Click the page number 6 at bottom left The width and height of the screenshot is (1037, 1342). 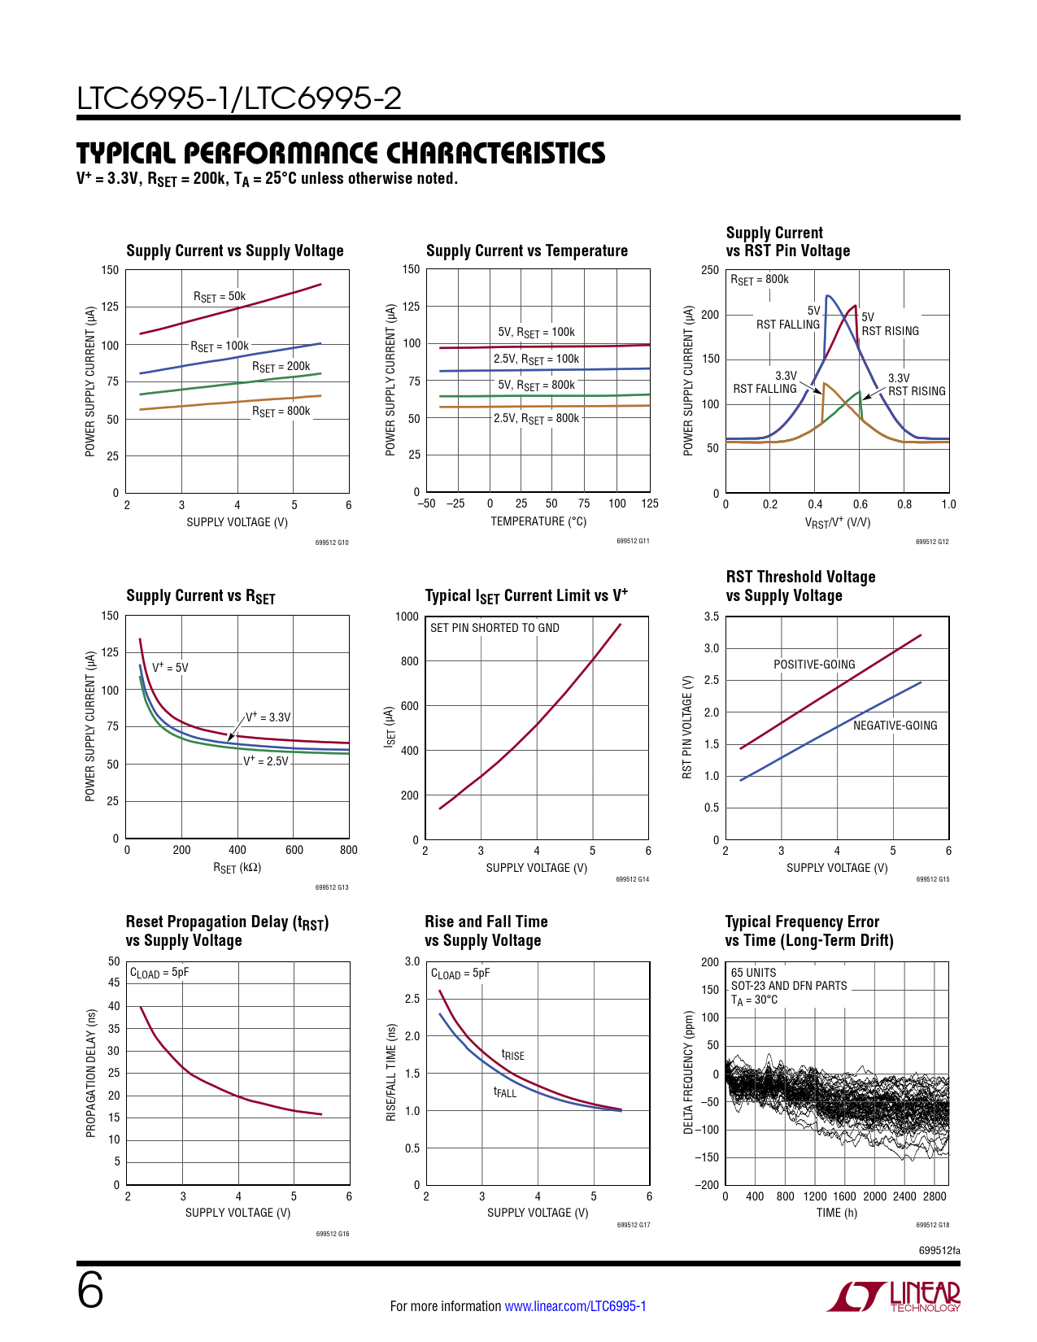[x=90, y=1291]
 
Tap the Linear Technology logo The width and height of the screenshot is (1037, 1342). [x=894, y=1296]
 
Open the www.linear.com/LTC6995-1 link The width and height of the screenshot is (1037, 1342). [x=575, y=1306]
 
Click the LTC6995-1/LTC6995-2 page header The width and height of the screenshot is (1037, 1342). [x=239, y=98]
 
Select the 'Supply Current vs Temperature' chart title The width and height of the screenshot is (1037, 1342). [x=527, y=251]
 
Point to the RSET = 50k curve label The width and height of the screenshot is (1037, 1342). [x=220, y=297]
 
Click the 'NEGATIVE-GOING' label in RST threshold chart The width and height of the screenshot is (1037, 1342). [x=895, y=725]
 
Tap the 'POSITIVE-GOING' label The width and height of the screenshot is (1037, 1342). [x=814, y=664]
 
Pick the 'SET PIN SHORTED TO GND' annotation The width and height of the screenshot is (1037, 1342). [x=495, y=628]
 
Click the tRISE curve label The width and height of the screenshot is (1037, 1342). [x=513, y=1055]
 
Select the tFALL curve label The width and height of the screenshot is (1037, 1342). [x=505, y=1092]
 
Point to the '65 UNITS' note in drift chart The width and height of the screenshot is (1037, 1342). [x=753, y=973]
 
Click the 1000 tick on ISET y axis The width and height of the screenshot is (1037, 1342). [x=407, y=617]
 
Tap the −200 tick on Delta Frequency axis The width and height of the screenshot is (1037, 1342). [x=707, y=1185]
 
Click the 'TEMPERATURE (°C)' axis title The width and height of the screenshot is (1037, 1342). [x=538, y=521]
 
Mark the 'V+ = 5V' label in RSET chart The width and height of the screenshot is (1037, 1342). [x=170, y=668]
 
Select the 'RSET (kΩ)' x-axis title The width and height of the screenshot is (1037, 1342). [x=237, y=868]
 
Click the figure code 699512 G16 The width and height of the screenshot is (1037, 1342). [x=333, y=1234]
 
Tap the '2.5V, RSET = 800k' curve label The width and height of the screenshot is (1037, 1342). [x=536, y=418]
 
